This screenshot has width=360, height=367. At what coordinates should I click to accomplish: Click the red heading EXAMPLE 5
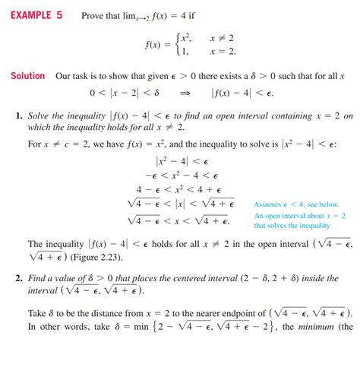pos(36,16)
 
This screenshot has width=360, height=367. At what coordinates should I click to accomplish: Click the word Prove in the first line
pos(94,16)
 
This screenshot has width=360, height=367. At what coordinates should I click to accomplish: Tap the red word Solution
pos(27,76)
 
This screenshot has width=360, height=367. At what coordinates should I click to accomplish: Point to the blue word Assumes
pos(270,204)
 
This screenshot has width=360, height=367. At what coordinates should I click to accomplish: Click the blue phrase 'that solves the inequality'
pos(292,225)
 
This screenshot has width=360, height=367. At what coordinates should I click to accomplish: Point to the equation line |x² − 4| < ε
pos(182,160)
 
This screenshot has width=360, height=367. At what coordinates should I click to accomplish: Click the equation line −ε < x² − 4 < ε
pos(182,175)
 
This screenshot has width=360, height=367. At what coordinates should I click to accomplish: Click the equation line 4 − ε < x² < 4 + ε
pos(182,189)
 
